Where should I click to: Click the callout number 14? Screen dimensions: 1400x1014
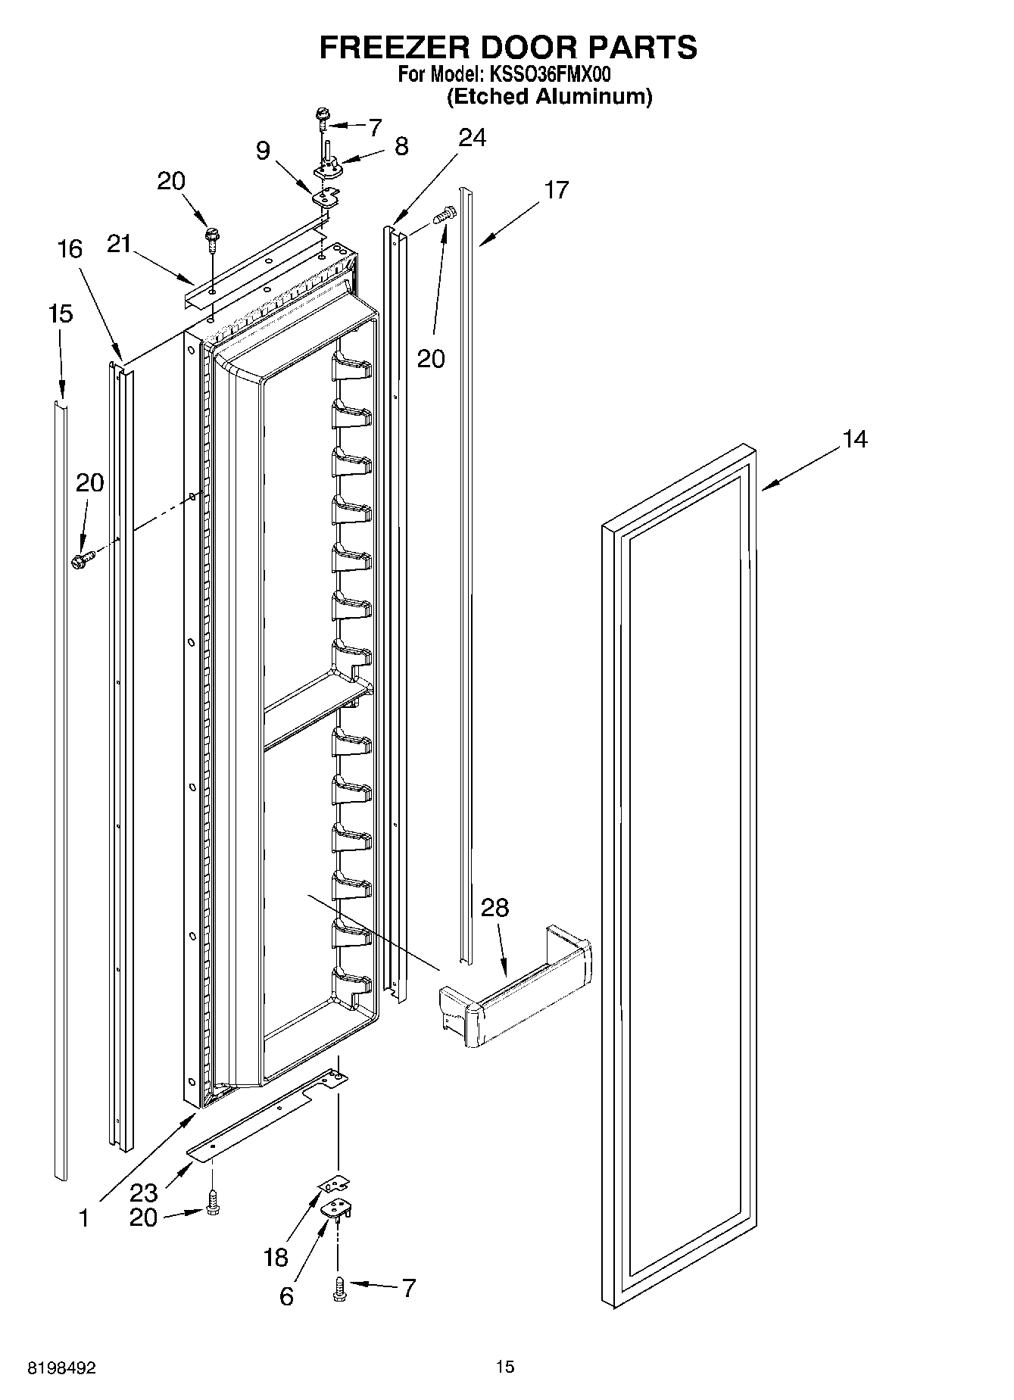click(x=855, y=439)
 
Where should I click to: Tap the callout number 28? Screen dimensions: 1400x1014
click(x=495, y=907)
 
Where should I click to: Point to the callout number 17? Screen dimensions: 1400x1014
click(x=556, y=190)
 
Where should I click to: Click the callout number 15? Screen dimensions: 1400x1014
click(x=60, y=313)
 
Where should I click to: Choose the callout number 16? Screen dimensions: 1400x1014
click(x=70, y=249)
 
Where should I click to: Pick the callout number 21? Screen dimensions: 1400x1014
click(x=119, y=244)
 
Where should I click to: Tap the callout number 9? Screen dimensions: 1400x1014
click(x=263, y=151)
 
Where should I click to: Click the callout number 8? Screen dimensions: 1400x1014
click(x=401, y=146)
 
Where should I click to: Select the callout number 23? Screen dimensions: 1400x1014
click(x=143, y=1193)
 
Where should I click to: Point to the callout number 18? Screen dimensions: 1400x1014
click(x=276, y=1257)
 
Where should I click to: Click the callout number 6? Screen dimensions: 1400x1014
click(x=285, y=1296)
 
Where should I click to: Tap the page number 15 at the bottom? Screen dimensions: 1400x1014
click(x=505, y=1367)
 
